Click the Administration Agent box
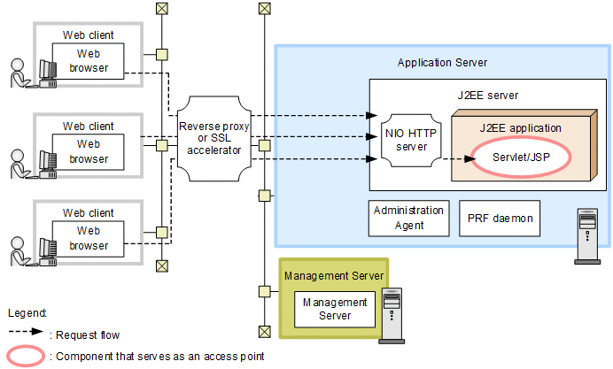(408, 218)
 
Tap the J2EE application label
(521, 127)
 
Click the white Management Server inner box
(329, 309)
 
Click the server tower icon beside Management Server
(390, 316)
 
